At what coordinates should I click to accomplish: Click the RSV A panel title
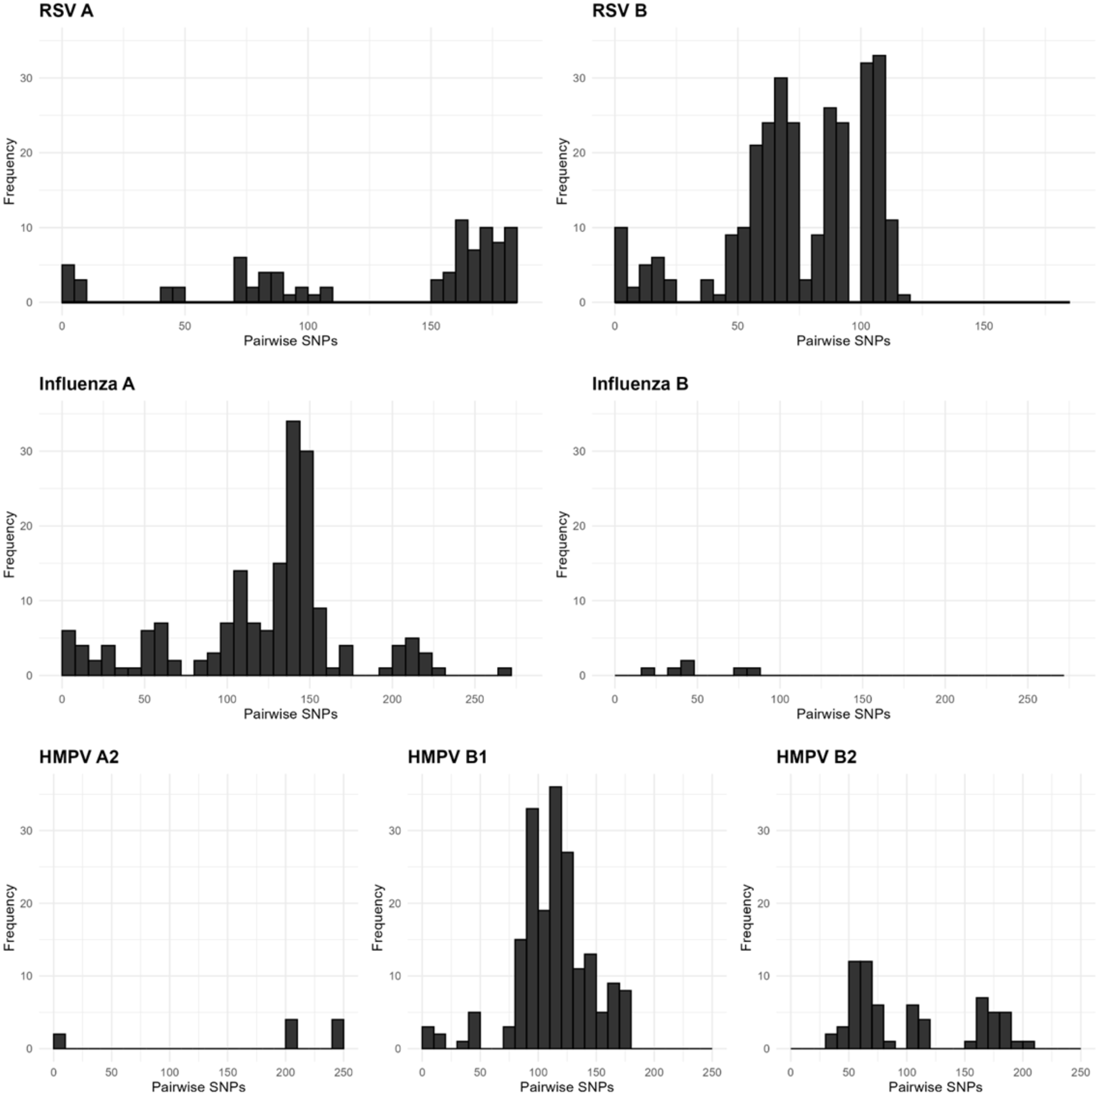pyautogui.click(x=66, y=11)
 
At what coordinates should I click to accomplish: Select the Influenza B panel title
pyautogui.click(x=640, y=384)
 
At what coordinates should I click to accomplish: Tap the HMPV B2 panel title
pyautogui.click(x=816, y=757)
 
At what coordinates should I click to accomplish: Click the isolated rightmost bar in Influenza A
pyautogui.click(x=505, y=671)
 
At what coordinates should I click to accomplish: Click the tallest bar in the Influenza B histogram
pyautogui.click(x=688, y=668)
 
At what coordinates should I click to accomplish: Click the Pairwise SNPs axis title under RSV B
pyautogui.click(x=843, y=341)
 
